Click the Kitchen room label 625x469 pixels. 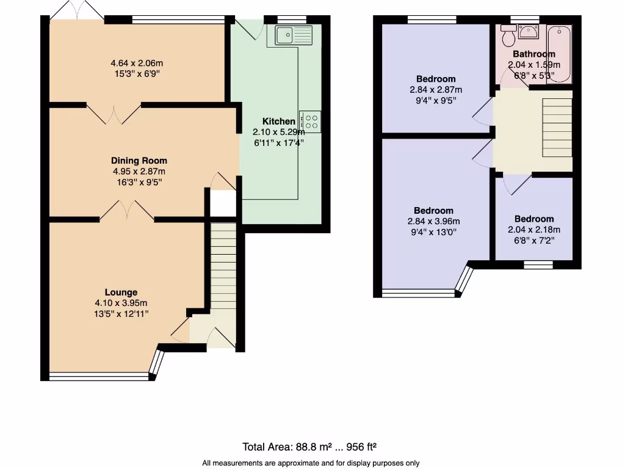coord(279,121)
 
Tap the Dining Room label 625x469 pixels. coord(139,161)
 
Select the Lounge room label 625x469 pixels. coord(121,292)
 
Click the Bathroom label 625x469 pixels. coord(534,54)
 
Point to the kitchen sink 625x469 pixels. coord(293,35)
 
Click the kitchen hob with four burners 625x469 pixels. coord(310,122)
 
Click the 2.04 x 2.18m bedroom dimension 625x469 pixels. coord(534,230)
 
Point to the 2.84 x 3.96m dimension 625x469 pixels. coord(435,222)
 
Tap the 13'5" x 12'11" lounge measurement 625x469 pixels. coord(121,313)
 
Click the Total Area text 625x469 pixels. coord(313,446)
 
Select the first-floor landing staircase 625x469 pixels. coord(557,128)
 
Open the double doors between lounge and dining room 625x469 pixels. coord(126,211)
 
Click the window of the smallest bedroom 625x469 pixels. coord(538,264)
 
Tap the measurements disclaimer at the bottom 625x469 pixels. coord(311,463)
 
